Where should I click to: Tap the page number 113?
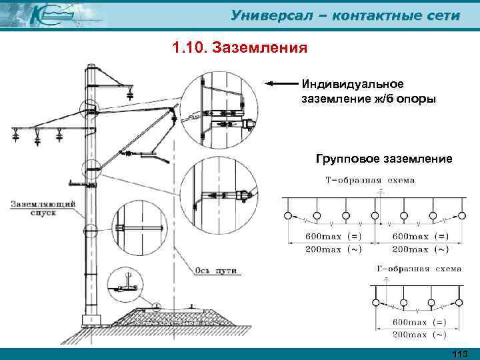tap(460, 353)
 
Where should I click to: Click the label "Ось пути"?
tap(217, 271)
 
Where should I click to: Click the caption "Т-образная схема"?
tap(369, 180)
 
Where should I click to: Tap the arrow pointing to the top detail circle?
tap(280, 84)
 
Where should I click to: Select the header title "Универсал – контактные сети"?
tap(345, 15)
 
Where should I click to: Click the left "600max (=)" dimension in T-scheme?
tap(325, 236)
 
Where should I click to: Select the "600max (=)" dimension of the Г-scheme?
tap(418, 321)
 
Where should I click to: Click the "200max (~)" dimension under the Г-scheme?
tap(418, 333)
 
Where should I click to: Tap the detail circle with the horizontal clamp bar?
tap(139, 227)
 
